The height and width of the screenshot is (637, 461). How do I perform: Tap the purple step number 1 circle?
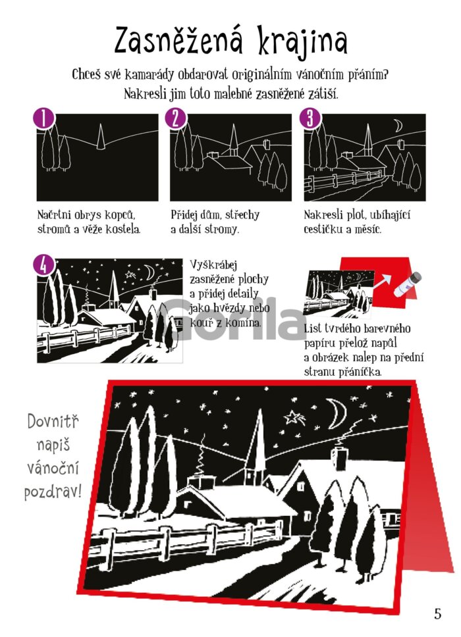pyautogui.click(x=43, y=119)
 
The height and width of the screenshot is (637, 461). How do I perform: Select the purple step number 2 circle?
pyautogui.click(x=176, y=119)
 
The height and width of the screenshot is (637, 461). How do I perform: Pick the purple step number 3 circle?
pyautogui.click(x=310, y=119)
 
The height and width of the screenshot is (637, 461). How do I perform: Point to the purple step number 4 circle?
pyautogui.click(x=43, y=265)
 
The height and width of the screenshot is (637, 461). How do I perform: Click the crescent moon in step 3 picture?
pyautogui.click(x=398, y=126)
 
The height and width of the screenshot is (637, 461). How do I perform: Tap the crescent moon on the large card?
pyautogui.click(x=339, y=413)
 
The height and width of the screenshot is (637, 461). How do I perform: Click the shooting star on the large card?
pyautogui.click(x=294, y=417)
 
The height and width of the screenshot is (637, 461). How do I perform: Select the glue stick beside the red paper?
pyautogui.click(x=408, y=284)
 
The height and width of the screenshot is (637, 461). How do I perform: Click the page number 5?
pyautogui.click(x=437, y=613)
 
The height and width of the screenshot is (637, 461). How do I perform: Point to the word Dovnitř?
pyautogui.click(x=53, y=421)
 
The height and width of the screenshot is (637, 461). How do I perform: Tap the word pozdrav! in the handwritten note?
pyautogui.click(x=53, y=492)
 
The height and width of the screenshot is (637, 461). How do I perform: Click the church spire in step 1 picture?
pyautogui.click(x=101, y=137)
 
